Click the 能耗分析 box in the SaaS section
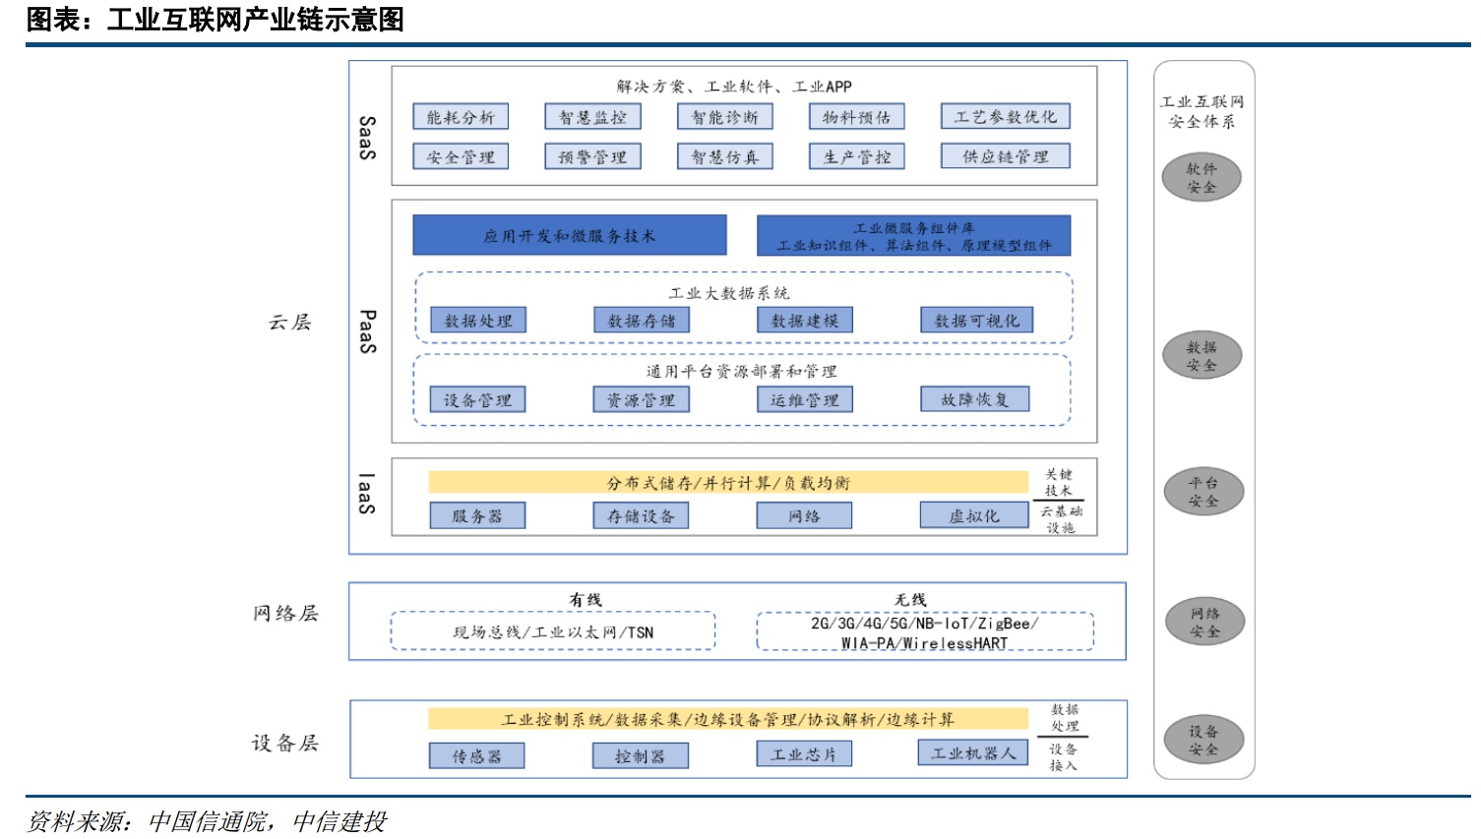461,117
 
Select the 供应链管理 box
1005,156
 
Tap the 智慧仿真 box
725,156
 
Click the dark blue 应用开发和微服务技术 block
569,236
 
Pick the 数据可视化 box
976,321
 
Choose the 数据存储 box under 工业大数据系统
642,321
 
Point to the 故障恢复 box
974,399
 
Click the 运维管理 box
804,399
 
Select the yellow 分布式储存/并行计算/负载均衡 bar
728,482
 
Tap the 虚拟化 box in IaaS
973,515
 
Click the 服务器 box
477,515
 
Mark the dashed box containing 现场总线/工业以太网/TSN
553,631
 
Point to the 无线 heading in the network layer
910,599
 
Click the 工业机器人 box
972,753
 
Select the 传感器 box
476,755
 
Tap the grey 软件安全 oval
1202,178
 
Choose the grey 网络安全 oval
1204,622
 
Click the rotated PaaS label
367,331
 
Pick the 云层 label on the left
289,322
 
